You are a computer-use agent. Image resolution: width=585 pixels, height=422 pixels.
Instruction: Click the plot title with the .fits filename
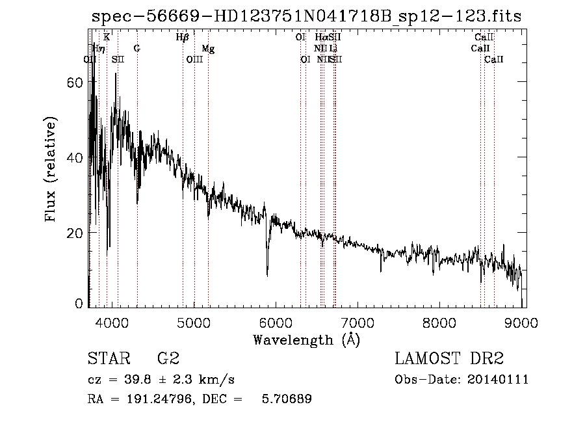(305, 17)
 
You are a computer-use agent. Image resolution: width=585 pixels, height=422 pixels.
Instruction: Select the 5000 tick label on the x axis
(194, 322)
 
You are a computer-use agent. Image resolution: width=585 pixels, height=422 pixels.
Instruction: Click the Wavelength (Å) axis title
(305, 339)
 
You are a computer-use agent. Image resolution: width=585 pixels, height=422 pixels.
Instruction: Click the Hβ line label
(182, 38)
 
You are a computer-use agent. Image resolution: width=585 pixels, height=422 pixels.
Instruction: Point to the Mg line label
(208, 49)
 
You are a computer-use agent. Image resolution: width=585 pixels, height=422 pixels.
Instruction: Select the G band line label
(136, 49)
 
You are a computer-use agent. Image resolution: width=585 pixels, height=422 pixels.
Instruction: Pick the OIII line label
(194, 60)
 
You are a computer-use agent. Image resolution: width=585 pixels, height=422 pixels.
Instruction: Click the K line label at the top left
(107, 38)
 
